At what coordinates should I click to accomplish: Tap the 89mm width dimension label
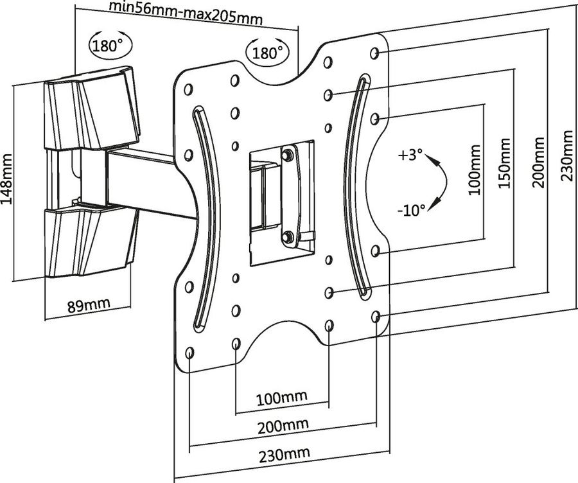pos(89,303)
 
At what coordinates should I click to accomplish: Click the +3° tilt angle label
pos(410,155)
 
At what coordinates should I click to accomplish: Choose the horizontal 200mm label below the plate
pos(282,425)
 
